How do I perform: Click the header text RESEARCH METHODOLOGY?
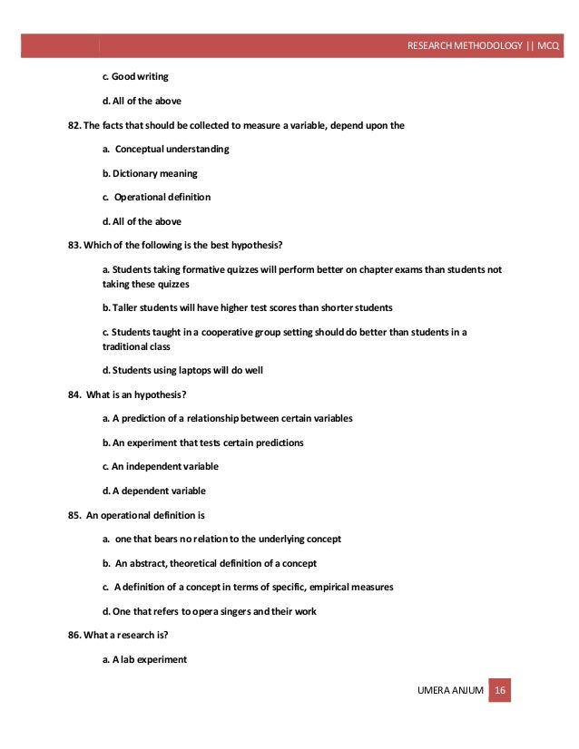pos(463,46)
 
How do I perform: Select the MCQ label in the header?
pos(549,46)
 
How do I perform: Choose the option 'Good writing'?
pos(140,76)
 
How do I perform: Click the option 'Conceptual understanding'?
pos(172,149)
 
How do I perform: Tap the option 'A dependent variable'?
pos(159,491)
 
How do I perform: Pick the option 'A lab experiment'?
pos(150,659)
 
